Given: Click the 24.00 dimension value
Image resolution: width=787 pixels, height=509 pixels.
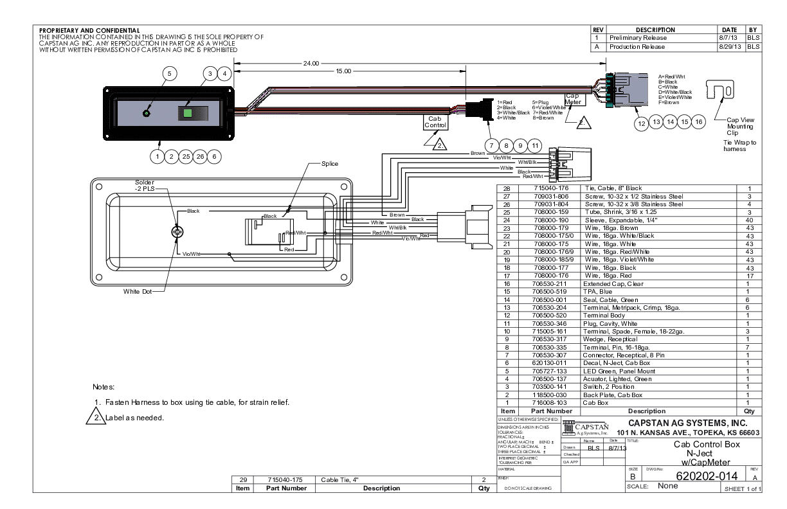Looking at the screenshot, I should tap(311, 64).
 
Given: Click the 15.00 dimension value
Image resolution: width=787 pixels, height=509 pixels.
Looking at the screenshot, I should tap(345, 71).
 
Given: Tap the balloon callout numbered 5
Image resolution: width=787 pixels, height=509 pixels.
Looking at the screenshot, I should tap(168, 74).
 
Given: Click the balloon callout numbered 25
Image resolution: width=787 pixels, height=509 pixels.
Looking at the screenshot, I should tap(185, 155).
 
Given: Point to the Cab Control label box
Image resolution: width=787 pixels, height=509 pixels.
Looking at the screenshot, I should tap(435, 121).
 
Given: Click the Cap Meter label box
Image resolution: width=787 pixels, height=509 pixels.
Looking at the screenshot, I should tap(573, 98).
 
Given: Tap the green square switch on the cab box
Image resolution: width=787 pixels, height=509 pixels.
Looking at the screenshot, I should tap(189, 113).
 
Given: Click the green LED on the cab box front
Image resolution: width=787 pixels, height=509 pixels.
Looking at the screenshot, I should tap(147, 114).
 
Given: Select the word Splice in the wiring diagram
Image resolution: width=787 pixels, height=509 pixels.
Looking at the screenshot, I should tap(330, 164).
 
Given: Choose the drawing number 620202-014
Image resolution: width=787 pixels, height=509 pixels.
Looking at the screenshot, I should tap(701, 476).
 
